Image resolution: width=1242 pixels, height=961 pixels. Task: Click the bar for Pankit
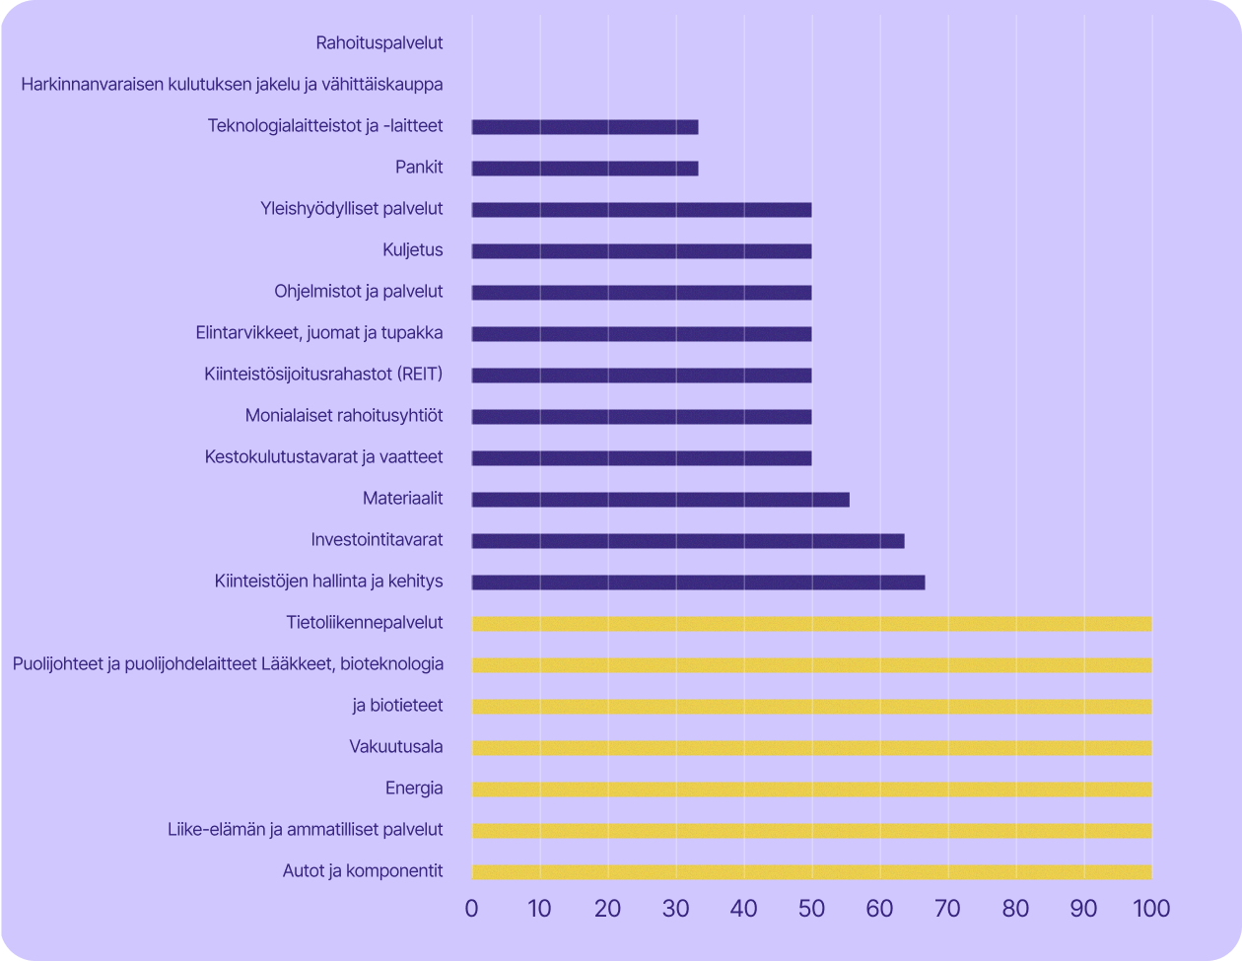click(x=585, y=169)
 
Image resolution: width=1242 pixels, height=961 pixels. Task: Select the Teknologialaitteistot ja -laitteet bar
click(x=585, y=127)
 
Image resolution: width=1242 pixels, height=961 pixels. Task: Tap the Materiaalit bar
click(x=660, y=500)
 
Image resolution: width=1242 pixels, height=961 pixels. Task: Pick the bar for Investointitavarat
click(x=688, y=541)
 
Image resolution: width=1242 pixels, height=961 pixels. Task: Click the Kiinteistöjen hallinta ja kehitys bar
click(x=698, y=583)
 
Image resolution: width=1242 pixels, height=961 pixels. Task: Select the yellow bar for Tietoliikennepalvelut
click(x=811, y=624)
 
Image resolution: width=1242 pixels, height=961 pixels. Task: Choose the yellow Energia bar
click(x=811, y=789)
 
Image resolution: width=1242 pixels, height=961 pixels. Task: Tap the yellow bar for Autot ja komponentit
click(x=811, y=872)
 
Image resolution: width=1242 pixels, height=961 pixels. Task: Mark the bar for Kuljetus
click(x=642, y=251)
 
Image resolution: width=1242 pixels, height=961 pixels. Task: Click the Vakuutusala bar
click(x=811, y=748)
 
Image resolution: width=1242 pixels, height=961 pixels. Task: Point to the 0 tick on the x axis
click(x=472, y=908)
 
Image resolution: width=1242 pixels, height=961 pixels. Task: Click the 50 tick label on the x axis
click(x=811, y=908)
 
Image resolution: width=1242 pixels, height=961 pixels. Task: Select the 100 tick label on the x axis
click(x=1150, y=908)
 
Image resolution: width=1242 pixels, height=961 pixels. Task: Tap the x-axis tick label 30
click(x=675, y=908)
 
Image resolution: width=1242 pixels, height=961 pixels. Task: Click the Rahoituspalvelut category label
click(x=379, y=42)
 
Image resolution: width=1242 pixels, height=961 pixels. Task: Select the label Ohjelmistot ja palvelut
click(x=359, y=292)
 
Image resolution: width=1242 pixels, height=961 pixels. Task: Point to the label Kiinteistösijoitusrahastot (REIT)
click(x=323, y=375)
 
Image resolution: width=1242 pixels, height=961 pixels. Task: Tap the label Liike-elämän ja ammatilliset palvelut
click(x=306, y=830)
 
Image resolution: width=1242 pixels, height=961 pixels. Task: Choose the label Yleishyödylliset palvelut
click(x=352, y=209)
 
